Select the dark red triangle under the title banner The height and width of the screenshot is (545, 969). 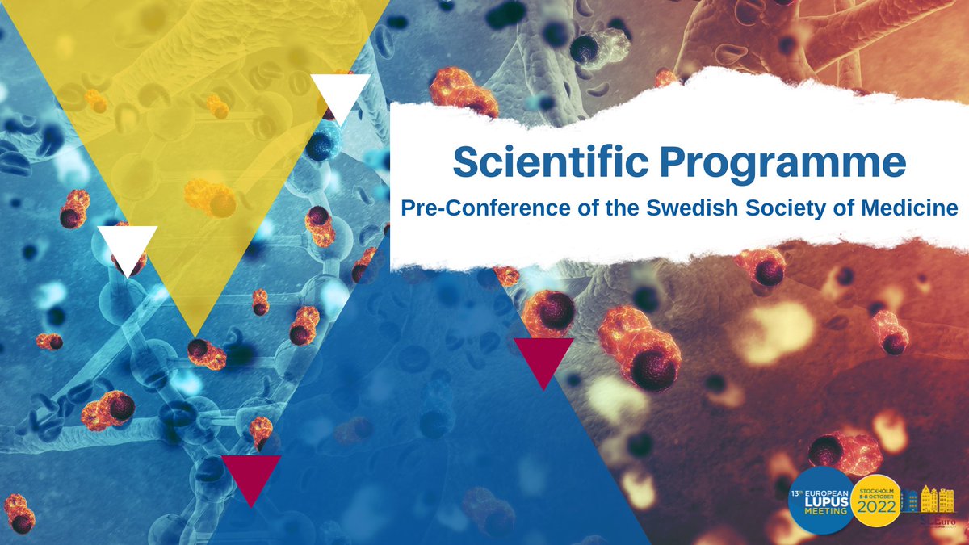point(543,360)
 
